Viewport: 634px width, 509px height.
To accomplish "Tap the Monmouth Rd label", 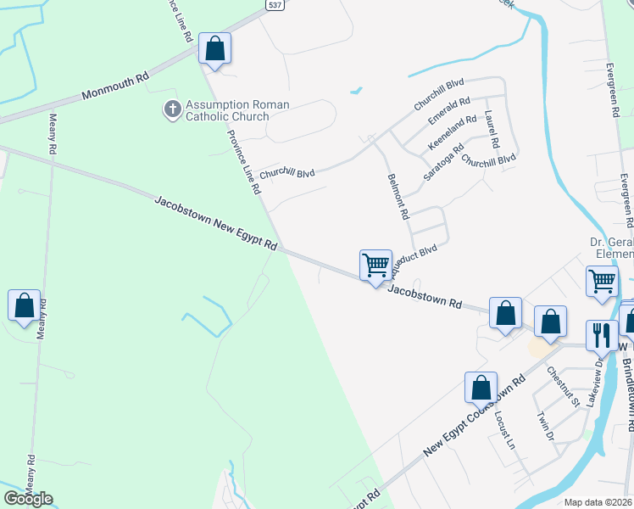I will tap(115, 86).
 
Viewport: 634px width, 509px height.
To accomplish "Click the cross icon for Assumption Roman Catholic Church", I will tap(172, 109).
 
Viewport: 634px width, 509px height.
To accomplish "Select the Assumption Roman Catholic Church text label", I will tap(237, 111).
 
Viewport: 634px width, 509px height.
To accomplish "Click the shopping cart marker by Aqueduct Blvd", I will tap(375, 265).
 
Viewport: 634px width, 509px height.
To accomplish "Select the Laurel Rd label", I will tap(492, 130).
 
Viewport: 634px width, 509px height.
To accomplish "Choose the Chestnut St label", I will tap(562, 384).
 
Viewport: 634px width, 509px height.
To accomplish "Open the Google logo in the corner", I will tap(27, 499).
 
